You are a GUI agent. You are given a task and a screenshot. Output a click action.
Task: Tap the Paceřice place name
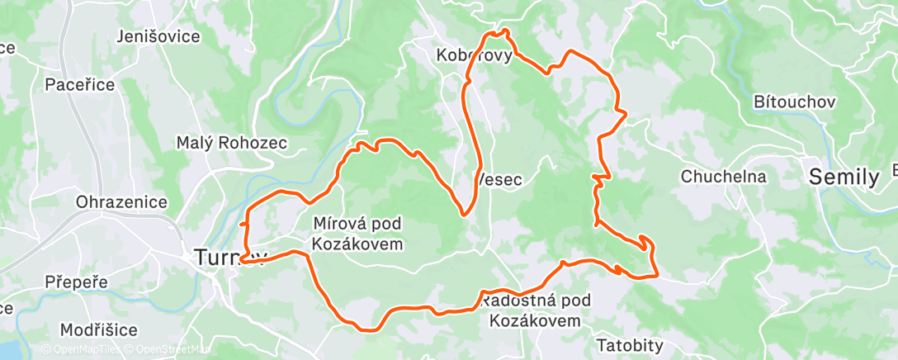pyautogui.click(x=79, y=84)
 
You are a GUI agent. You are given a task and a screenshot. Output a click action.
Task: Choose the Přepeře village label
pyautogui.click(x=77, y=282)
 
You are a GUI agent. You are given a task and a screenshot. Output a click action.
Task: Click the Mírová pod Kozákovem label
pyautogui.click(x=358, y=233)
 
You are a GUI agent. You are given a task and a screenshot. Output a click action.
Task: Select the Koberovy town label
pyautogui.click(x=475, y=56)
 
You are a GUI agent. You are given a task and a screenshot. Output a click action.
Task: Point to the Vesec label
pyautogui.click(x=500, y=179)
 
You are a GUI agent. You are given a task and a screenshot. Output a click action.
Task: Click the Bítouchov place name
pyautogui.click(x=796, y=102)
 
